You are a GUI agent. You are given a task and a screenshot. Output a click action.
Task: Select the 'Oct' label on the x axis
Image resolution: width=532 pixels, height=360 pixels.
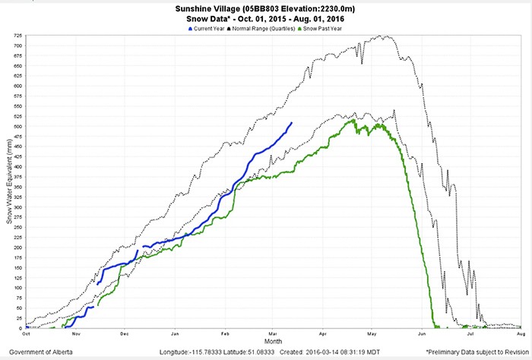click(x=26, y=334)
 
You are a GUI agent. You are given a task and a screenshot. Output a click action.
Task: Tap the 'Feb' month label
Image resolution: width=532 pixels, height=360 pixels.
click(x=225, y=334)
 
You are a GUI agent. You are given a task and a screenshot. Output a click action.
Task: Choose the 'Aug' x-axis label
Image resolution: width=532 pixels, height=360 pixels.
click(x=521, y=334)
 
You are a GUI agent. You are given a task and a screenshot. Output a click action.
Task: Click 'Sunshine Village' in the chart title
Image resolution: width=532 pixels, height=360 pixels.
click(x=216, y=5)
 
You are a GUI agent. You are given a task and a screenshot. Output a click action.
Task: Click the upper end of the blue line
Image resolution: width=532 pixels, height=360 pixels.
click(x=292, y=123)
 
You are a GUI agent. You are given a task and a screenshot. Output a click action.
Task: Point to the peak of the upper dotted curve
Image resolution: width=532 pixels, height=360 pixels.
click(x=387, y=36)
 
